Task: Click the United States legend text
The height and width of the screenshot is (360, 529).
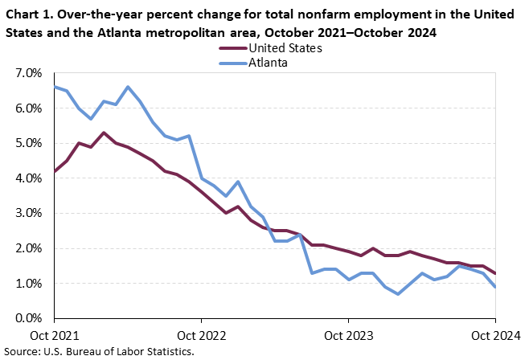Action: click(x=286, y=48)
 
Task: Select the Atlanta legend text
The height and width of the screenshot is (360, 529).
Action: click(x=269, y=62)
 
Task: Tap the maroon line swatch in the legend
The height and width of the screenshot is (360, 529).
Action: click(x=233, y=48)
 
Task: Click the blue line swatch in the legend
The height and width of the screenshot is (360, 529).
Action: click(x=233, y=62)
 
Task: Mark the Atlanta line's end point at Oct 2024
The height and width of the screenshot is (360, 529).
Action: click(x=494, y=287)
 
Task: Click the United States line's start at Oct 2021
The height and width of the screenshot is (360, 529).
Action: click(x=54, y=172)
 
